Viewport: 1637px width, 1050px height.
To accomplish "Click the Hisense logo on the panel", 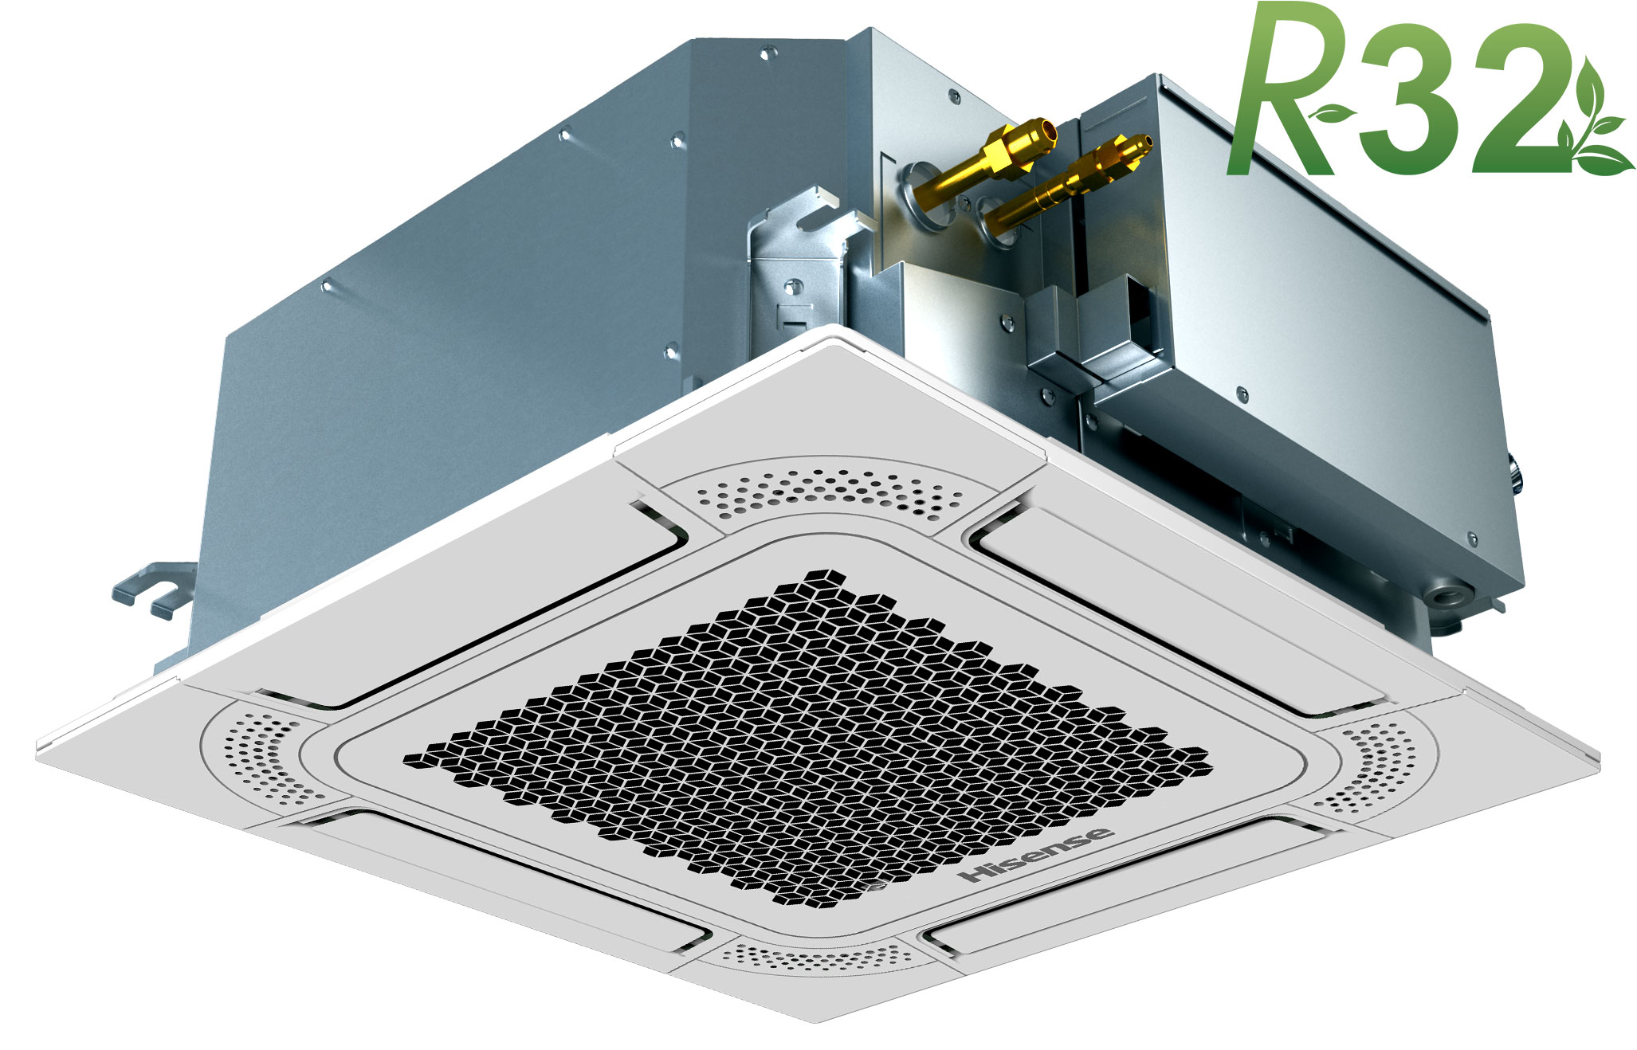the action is tap(1038, 854).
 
